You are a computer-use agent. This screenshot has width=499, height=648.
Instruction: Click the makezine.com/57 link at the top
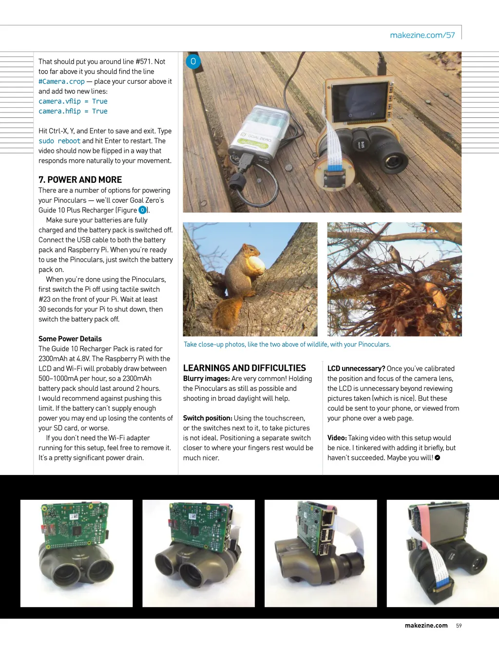point(422,35)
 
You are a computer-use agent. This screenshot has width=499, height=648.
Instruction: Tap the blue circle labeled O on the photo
point(193,61)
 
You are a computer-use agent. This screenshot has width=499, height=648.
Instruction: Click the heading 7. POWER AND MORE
point(80,180)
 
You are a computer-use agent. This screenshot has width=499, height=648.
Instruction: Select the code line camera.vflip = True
point(73,101)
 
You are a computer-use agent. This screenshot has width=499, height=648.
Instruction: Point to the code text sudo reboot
point(59,141)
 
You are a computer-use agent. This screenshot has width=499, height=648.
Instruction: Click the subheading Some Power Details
point(70,339)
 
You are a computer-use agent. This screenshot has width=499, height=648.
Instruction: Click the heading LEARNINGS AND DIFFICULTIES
point(244,368)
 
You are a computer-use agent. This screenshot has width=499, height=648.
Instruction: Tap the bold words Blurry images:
point(206,379)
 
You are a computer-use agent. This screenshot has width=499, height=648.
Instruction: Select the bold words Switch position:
point(207,418)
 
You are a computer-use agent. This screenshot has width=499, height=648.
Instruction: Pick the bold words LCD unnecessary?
point(356,368)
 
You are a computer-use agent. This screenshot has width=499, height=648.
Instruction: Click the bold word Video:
point(337,438)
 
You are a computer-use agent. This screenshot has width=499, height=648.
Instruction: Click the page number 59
point(459,626)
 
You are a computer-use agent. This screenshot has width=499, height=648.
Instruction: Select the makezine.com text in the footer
point(426,626)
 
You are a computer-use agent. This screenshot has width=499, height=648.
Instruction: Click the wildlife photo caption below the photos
point(287,344)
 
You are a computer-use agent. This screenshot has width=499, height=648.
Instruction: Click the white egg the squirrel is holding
point(256,265)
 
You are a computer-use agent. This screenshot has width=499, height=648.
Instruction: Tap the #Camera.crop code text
point(61,81)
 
